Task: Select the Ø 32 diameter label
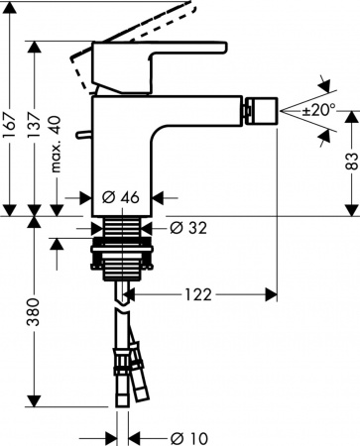[x=187, y=229]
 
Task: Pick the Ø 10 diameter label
[x=187, y=437]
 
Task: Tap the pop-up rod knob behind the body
[x=86, y=133]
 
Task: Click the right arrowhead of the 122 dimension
[x=273, y=293]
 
